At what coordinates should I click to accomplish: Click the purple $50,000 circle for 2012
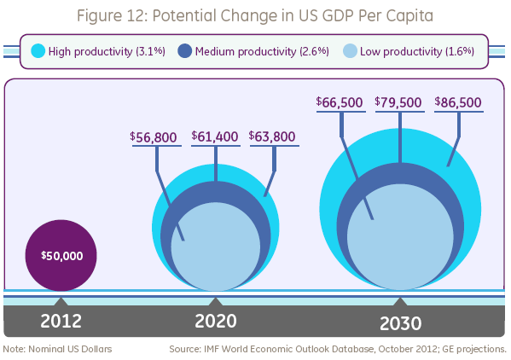coord(61,255)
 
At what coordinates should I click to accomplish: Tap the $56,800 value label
coord(154,136)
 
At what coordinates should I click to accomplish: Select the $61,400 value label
coord(215,136)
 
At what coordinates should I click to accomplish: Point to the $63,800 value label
coord(273,136)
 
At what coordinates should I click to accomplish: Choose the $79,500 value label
coord(398,103)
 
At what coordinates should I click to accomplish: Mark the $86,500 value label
coord(458,103)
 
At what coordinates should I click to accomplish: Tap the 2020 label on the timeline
coord(214,321)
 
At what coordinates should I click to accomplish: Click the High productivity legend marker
coord(37,51)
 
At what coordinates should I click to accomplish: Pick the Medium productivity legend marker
coord(184,51)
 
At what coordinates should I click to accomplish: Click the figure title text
coord(255,15)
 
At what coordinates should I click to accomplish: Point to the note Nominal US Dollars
coord(57,349)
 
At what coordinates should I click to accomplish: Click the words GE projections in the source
coord(474,349)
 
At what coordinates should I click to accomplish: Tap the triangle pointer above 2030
coord(399,301)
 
